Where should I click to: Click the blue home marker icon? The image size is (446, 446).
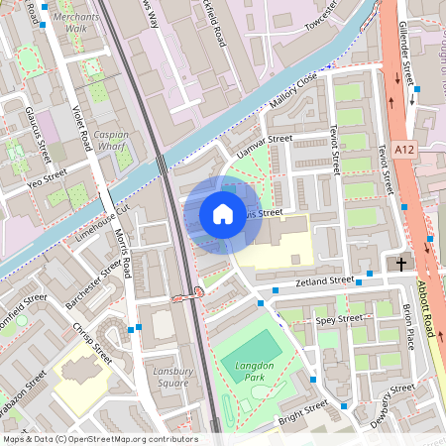pyautogui.click(x=223, y=213)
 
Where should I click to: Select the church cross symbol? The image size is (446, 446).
pyautogui.click(x=401, y=264)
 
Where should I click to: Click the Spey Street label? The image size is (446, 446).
pyautogui.click(x=339, y=319)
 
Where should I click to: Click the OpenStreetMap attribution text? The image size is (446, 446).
pyautogui.click(x=99, y=438)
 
